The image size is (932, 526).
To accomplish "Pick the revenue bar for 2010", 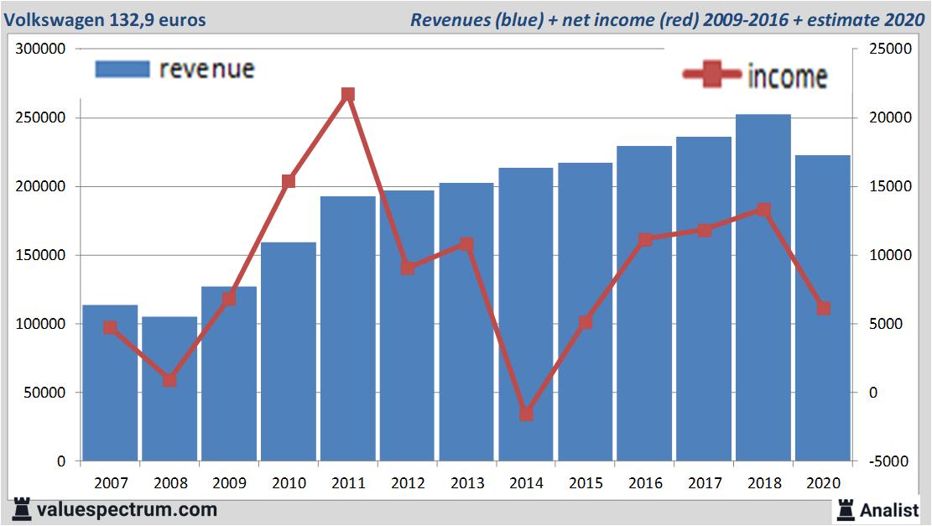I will point(289,352).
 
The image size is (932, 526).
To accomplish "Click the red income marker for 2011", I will point(348,94).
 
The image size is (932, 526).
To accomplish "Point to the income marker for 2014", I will point(526,414).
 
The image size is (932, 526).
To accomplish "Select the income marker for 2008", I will point(169,380).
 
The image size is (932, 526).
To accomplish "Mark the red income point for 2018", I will point(763,210).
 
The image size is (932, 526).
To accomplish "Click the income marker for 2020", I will point(823,309).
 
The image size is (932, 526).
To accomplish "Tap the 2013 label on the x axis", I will point(466,483).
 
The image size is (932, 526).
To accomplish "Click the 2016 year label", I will point(645,483).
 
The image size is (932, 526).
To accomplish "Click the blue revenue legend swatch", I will point(122,69).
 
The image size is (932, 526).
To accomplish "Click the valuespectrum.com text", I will point(127,509).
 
